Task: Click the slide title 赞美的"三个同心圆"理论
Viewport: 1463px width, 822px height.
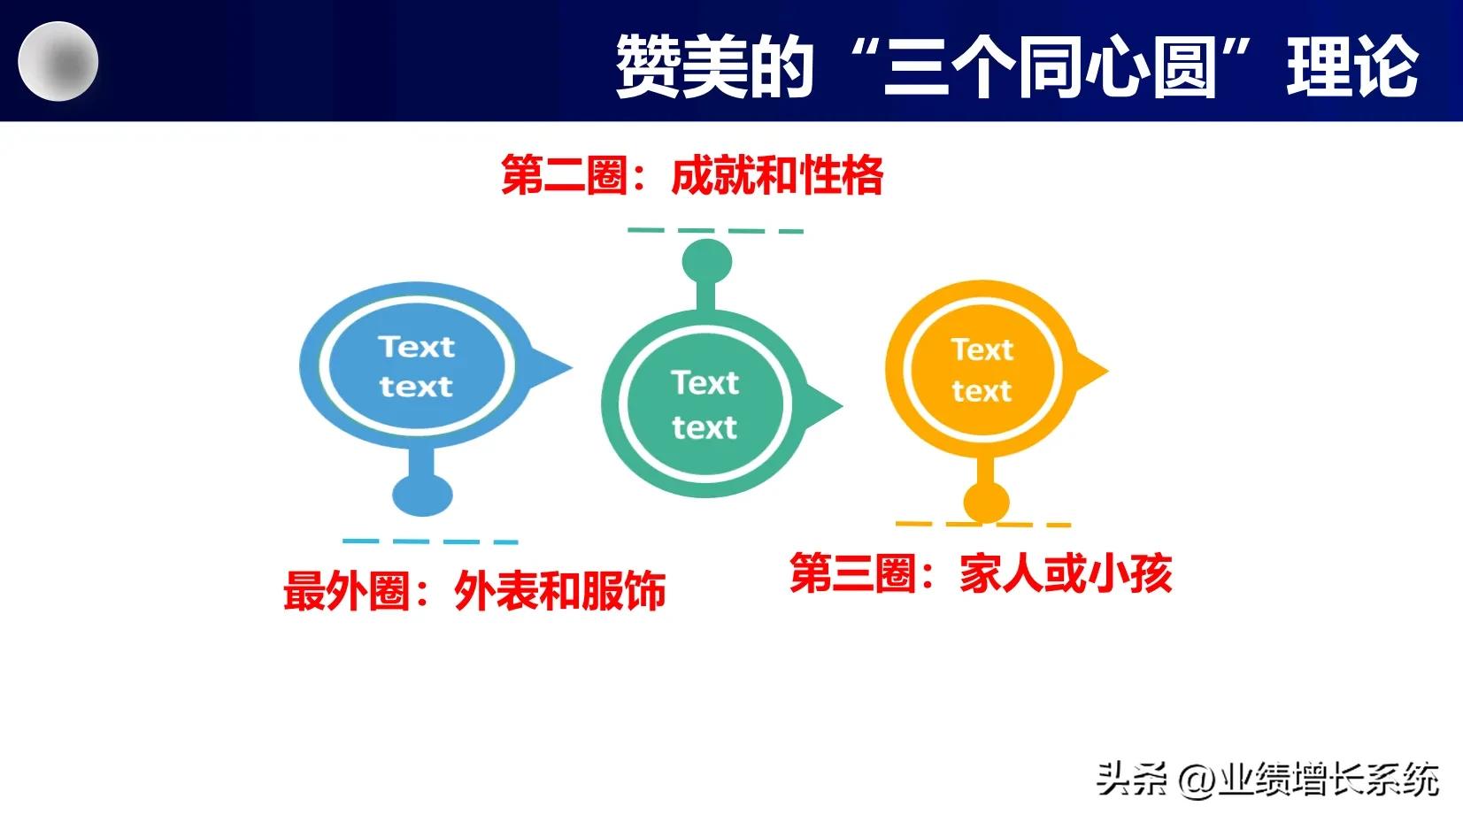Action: point(1016,66)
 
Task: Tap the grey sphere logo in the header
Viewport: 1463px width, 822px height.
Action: point(58,62)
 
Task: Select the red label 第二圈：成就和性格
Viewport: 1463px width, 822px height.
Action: point(691,174)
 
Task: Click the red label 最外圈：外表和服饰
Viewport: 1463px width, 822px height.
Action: point(474,590)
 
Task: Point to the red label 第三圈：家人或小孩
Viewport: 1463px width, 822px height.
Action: point(981,573)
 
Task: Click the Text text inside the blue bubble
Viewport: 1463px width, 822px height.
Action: point(416,366)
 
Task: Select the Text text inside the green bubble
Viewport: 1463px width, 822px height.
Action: point(705,405)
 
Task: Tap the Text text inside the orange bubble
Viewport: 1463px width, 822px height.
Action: point(982,370)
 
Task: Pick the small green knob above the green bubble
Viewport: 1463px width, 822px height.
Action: point(707,261)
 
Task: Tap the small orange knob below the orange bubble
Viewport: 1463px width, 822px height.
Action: point(986,502)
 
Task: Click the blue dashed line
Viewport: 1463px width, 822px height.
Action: point(430,541)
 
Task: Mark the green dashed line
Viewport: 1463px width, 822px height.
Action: point(715,231)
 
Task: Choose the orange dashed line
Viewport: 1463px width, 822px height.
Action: point(983,524)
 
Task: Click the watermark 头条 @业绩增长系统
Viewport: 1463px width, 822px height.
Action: point(1267,780)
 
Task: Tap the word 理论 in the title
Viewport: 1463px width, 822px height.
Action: point(1352,66)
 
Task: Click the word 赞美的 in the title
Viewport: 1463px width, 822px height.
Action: point(714,66)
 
